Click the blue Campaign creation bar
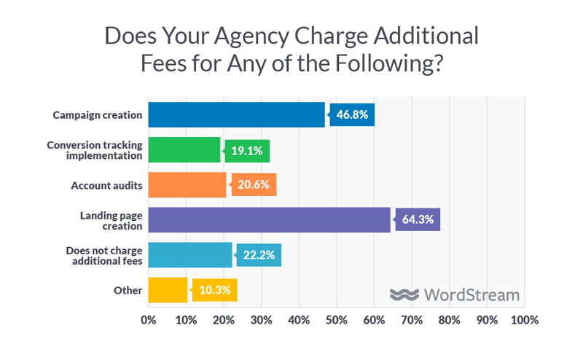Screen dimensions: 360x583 tap(236, 115)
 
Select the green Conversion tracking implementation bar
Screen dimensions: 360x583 tap(184, 150)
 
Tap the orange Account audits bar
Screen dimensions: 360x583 tap(187, 185)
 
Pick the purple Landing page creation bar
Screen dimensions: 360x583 tap(269, 220)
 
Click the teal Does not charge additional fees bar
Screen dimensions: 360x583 tap(190, 255)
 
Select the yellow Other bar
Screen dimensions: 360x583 tap(168, 290)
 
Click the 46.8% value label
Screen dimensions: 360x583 tap(353, 115)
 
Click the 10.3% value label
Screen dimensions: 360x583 tap(216, 290)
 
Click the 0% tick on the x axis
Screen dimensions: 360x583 tap(149, 320)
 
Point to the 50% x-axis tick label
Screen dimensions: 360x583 tap(337, 320)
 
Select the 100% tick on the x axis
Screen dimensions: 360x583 tap(523, 320)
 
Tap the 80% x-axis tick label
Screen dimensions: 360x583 tap(450, 320)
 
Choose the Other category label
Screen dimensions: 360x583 tap(128, 290)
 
